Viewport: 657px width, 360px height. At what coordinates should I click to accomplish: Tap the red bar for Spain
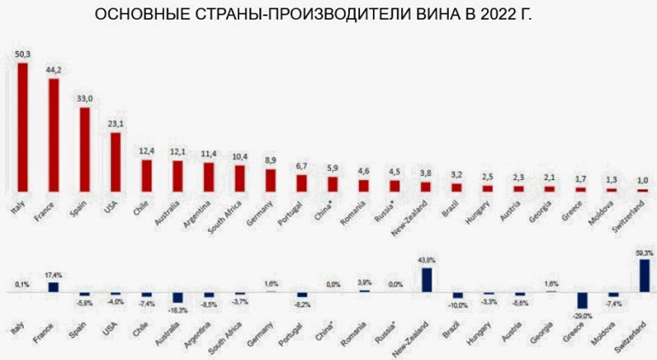[84, 148]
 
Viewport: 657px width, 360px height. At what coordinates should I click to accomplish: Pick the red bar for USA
[115, 161]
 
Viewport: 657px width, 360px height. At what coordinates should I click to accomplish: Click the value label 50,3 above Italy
[23, 55]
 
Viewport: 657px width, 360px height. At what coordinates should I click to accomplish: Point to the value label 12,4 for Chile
[147, 151]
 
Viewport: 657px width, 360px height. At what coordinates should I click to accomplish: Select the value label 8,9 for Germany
[270, 160]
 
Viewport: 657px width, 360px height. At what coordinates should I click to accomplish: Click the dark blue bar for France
[53, 287]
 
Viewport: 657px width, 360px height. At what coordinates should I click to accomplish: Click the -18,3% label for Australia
[177, 310]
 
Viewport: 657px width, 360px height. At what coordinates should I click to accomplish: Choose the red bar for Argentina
[208, 176]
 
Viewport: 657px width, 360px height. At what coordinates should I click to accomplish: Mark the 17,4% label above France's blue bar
[53, 276]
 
